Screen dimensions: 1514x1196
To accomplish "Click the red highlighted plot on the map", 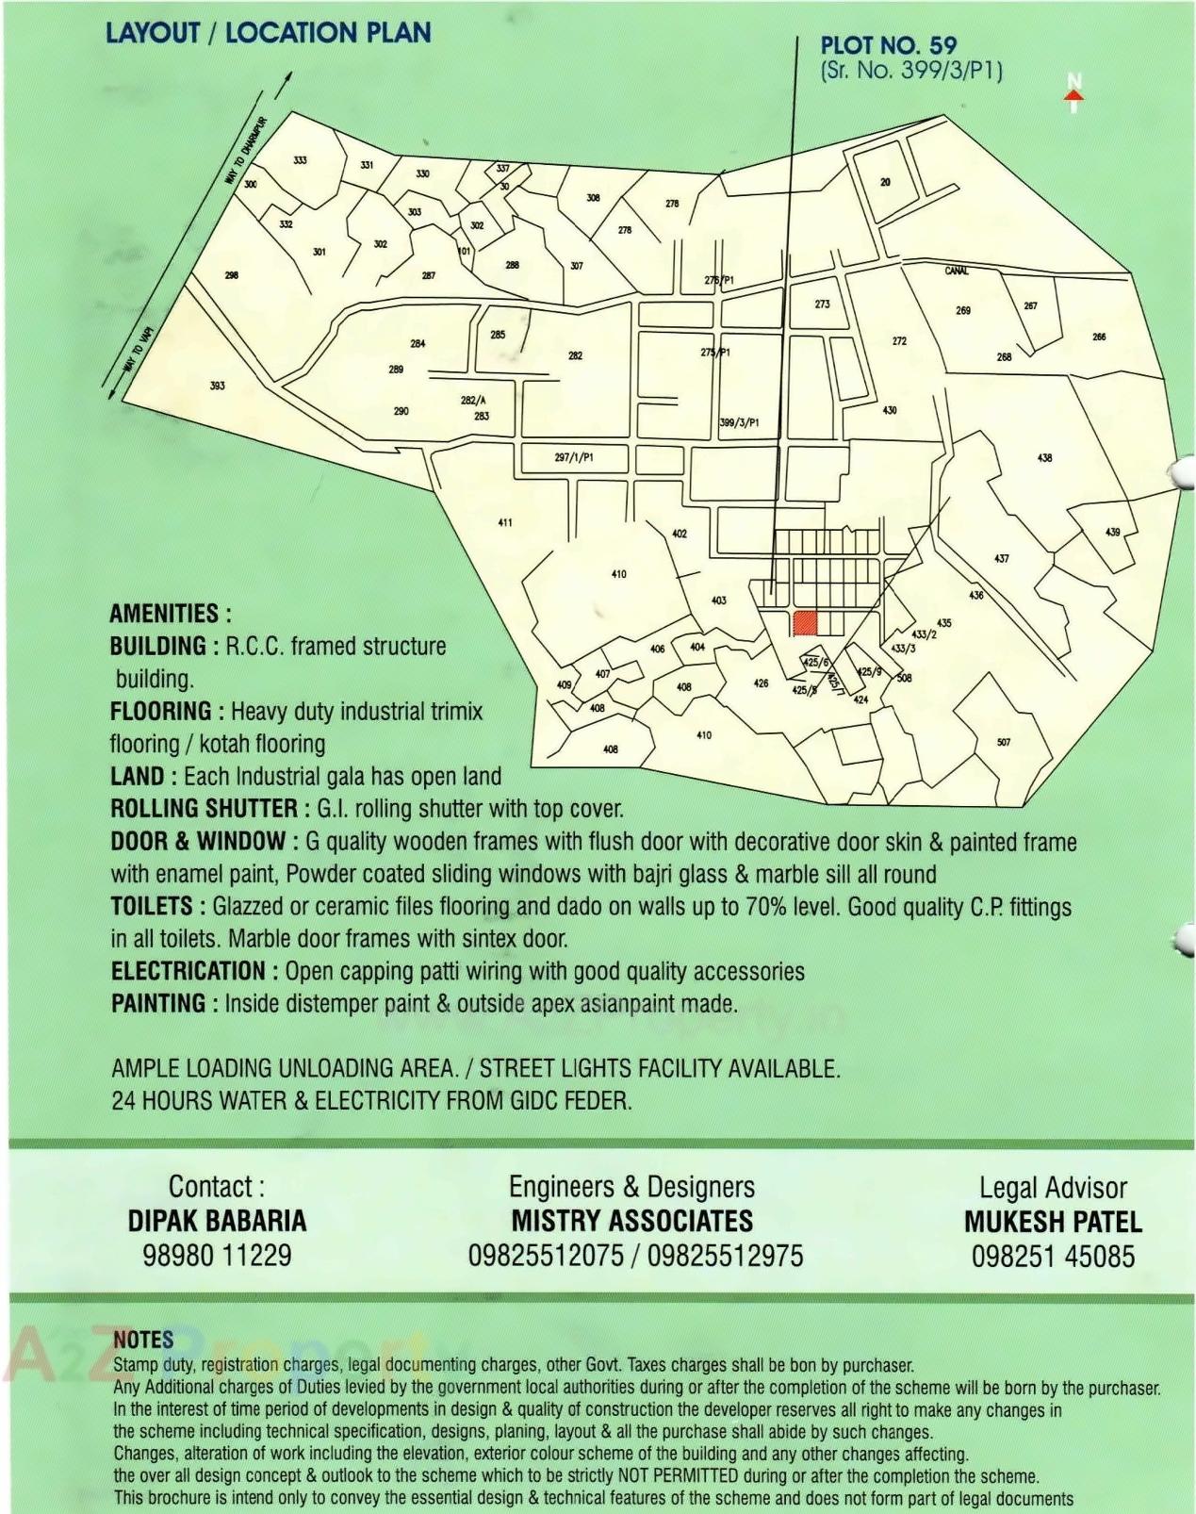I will [x=804, y=623].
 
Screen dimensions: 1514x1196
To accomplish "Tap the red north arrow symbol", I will [x=1073, y=92].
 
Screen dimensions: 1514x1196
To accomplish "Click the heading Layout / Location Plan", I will [x=268, y=32].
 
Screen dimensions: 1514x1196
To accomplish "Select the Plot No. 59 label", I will [x=888, y=45].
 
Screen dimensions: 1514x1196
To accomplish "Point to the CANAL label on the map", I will [x=956, y=272].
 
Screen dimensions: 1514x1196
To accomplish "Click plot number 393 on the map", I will [x=218, y=386].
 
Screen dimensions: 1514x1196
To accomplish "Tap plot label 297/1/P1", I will [x=574, y=457].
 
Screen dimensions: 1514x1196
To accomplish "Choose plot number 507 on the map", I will [x=1004, y=742].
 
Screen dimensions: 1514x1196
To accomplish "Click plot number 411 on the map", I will [x=505, y=522].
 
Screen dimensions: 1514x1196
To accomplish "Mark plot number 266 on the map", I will [x=1099, y=337].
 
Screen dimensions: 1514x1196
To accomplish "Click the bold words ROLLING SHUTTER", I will [x=204, y=809].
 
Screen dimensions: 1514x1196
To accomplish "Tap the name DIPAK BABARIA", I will [x=217, y=1221].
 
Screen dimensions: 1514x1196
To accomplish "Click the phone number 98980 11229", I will [x=217, y=1255].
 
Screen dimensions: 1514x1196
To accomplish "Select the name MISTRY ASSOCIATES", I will [x=631, y=1221].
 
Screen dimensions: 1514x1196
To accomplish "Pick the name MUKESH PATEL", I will [x=1053, y=1222].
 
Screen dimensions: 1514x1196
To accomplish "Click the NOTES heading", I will [x=143, y=1340].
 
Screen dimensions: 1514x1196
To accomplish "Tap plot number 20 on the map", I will [x=885, y=182].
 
